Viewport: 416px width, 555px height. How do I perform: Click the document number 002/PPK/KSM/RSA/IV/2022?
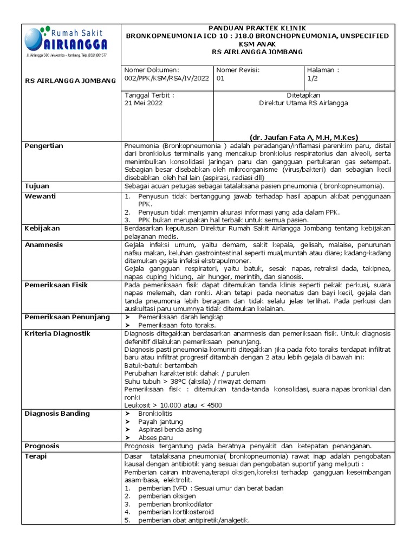pos(166,78)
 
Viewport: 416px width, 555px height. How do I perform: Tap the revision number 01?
pos(220,78)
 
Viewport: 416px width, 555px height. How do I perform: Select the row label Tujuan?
pos(37,186)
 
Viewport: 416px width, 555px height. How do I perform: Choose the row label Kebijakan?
pos(43,229)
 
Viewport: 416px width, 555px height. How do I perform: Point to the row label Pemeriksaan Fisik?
pos(56,285)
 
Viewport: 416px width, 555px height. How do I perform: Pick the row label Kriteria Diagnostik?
pos(57,333)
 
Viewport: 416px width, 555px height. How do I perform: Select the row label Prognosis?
pos(42,446)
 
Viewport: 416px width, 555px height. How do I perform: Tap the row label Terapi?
pos(36,456)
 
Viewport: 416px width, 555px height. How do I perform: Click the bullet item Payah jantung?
pos(161,422)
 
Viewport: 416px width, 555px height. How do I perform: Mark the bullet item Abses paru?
pos(155,437)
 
